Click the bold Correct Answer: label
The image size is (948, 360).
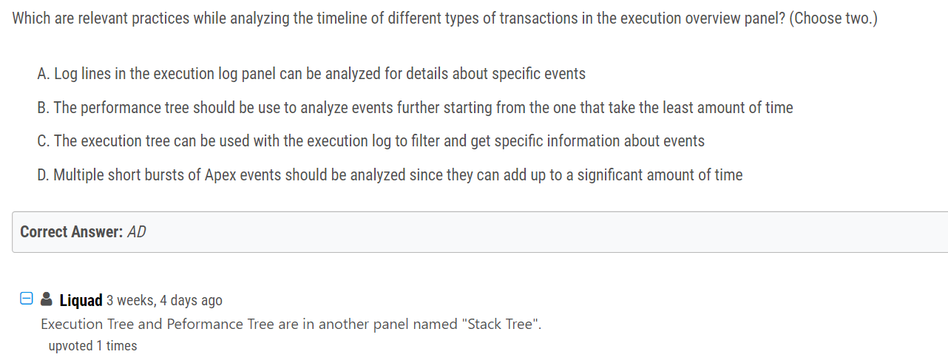pyautogui.click(x=72, y=232)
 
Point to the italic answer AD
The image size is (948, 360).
pyautogui.click(x=137, y=232)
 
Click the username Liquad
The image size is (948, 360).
pyautogui.click(x=81, y=300)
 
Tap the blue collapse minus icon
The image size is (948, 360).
pyautogui.click(x=26, y=298)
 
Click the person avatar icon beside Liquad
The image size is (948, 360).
pyautogui.click(x=47, y=299)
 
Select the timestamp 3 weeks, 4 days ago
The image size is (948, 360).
pyautogui.click(x=164, y=300)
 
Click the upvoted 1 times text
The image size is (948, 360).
pyautogui.click(x=92, y=346)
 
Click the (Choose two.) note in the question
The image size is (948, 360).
pyautogui.click(x=833, y=18)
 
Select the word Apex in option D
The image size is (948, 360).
pyautogui.click(x=220, y=175)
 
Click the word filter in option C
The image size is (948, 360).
pyautogui.click(x=426, y=141)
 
